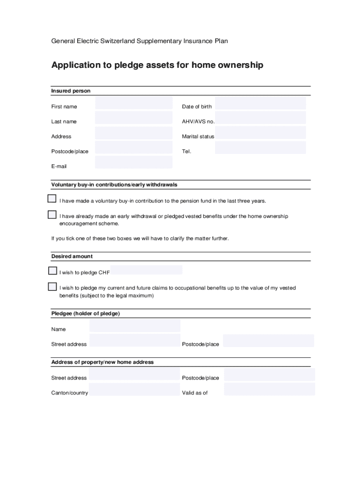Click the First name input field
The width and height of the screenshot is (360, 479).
point(134,103)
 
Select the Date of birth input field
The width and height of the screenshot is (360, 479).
point(260,103)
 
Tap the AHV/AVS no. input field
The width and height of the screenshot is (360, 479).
point(260,118)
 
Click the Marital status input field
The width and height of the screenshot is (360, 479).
point(260,133)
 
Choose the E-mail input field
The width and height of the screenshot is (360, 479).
point(134,162)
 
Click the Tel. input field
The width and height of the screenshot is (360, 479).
point(260,148)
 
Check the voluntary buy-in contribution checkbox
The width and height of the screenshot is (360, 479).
point(52,199)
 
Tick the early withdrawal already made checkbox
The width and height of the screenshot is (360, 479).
point(52,215)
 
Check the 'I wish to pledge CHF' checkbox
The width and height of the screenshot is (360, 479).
point(52,271)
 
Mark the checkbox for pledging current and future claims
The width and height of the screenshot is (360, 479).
point(52,286)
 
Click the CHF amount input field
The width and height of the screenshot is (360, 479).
point(146,270)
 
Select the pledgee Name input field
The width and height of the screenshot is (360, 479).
point(135,326)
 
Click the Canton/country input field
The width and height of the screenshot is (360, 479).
point(135,390)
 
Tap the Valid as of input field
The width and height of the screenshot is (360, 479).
point(269,389)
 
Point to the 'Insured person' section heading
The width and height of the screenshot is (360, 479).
point(71,91)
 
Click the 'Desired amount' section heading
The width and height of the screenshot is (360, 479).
point(72,256)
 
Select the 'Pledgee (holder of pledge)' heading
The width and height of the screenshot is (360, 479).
point(86,313)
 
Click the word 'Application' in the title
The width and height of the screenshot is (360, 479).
point(77,65)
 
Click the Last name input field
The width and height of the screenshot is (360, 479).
point(134,118)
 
